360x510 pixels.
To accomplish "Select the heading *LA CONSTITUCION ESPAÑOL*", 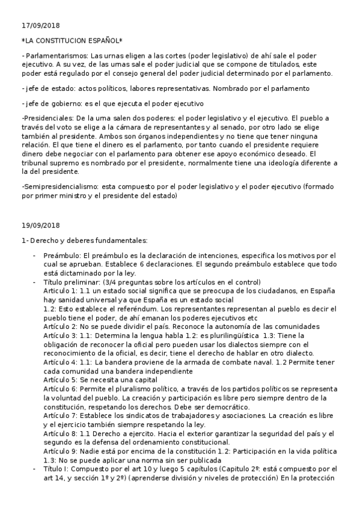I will pos(72,40).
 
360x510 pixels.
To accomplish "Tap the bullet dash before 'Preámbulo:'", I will pos(34,256).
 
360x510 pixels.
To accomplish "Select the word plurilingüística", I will pos(228,335).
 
